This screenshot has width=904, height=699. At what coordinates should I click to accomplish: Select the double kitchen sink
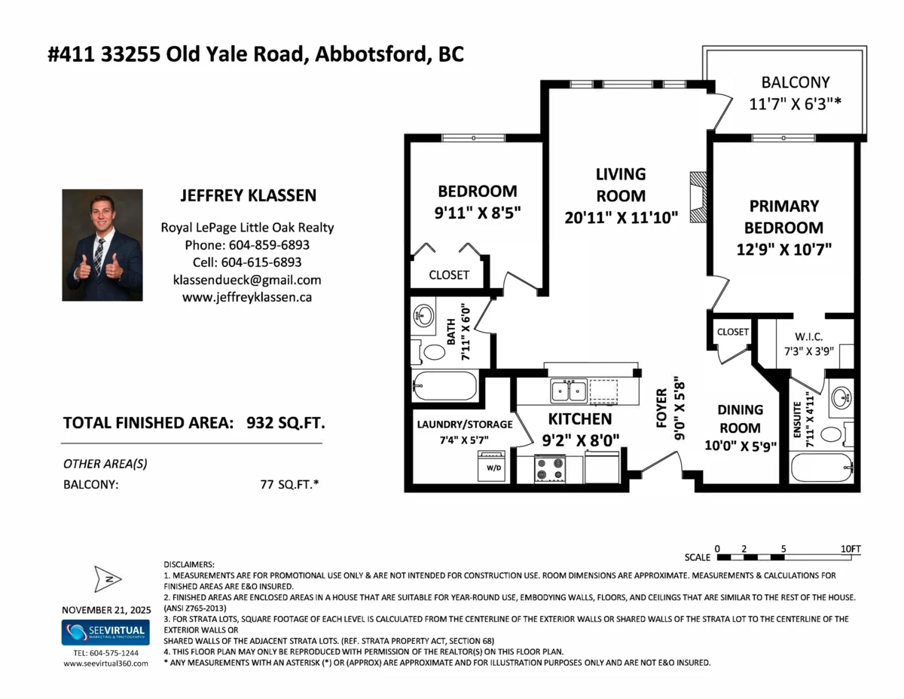pos(569,391)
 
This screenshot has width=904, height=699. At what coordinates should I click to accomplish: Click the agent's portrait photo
pos(102,245)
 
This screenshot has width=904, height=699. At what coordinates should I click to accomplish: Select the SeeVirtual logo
pos(105,633)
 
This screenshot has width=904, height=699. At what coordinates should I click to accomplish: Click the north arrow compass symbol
pos(107,579)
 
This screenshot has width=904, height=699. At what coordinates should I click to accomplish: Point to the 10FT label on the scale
pos(850,548)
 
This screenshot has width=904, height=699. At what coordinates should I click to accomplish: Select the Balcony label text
pos(795,82)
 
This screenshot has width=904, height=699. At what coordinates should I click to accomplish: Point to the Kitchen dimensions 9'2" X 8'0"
pos(579,437)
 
